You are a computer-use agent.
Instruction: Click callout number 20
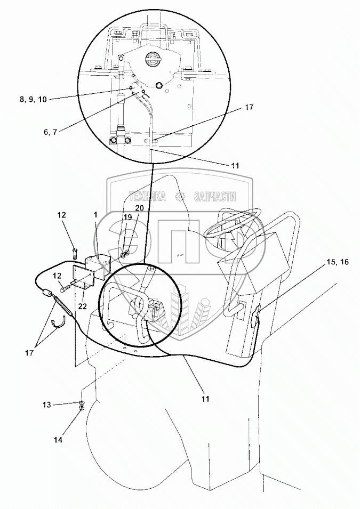(139, 208)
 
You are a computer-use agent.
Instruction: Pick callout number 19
(126, 217)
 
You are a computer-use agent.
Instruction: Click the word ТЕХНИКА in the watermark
(145, 196)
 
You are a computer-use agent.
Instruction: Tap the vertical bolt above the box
(75, 248)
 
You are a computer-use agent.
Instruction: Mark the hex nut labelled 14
(82, 409)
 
